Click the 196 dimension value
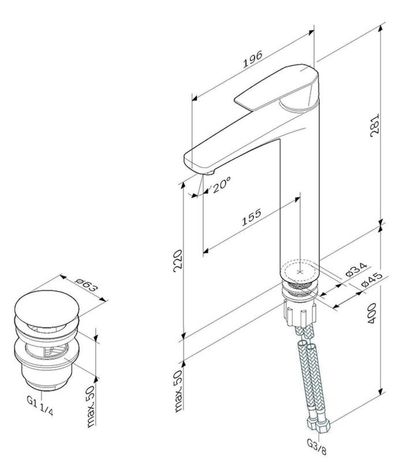pyautogui.click(x=252, y=59)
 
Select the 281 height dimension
pyautogui.click(x=374, y=125)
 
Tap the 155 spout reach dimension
pyautogui.click(x=252, y=217)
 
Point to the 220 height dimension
pyautogui.click(x=178, y=261)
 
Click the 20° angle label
pyautogui.click(x=220, y=185)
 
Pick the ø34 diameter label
pyautogui.click(x=356, y=269)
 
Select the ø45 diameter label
pyautogui.click(x=372, y=280)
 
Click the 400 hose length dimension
pyautogui.click(x=372, y=313)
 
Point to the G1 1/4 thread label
pyautogui.click(x=40, y=406)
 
